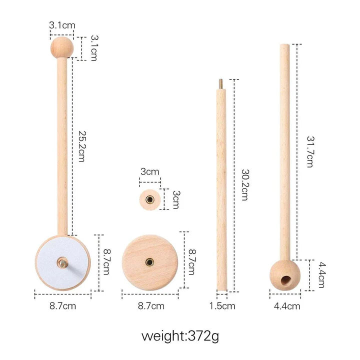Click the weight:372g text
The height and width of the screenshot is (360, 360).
tap(180, 335)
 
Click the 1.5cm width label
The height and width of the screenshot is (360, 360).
tap(222, 305)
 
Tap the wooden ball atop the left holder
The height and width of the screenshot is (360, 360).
tap(62, 47)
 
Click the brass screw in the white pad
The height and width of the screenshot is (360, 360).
tap(62, 261)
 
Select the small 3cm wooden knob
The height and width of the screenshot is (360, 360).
tap(149, 199)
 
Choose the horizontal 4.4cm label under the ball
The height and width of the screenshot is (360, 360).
tap(287, 305)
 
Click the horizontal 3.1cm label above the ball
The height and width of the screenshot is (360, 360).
tap(62, 24)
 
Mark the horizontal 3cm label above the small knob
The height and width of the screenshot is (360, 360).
tap(149, 171)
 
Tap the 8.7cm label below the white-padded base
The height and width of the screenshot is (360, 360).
tap(62, 305)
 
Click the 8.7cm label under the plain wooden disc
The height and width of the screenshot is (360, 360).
tap(150, 305)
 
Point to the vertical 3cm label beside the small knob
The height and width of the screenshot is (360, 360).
tap(174, 199)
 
